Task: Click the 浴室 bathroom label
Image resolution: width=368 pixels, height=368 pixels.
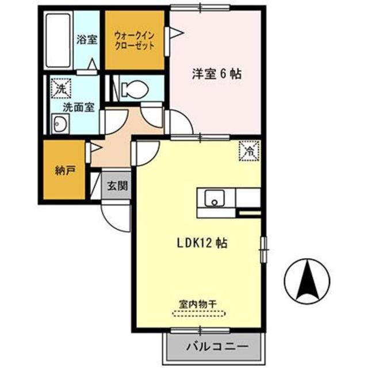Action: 87,40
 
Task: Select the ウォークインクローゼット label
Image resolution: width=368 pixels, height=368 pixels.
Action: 135,40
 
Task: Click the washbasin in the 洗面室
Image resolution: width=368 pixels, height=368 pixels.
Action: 59,123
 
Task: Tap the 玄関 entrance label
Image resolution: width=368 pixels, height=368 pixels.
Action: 117,186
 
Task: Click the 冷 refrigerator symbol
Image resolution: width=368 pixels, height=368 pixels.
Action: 250,151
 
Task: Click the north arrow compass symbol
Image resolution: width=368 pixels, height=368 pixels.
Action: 308,281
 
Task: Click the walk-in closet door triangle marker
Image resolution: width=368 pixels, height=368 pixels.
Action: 171,34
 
